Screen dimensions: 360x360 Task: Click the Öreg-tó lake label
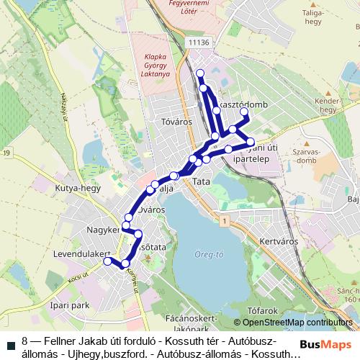(x=210, y=253)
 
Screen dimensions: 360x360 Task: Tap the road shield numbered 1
(x=225, y=219)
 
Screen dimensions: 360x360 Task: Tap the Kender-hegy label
(x=328, y=105)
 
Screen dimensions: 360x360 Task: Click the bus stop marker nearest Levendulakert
(x=108, y=261)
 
